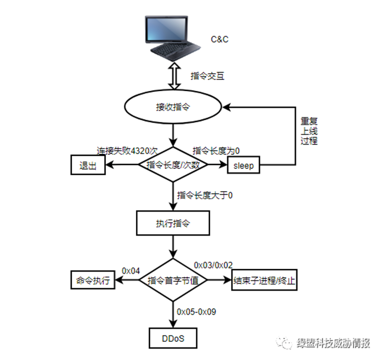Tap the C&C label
tap(220, 40)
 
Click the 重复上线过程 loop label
tap(310, 131)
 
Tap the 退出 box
tap(88, 165)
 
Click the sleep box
tap(243, 166)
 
